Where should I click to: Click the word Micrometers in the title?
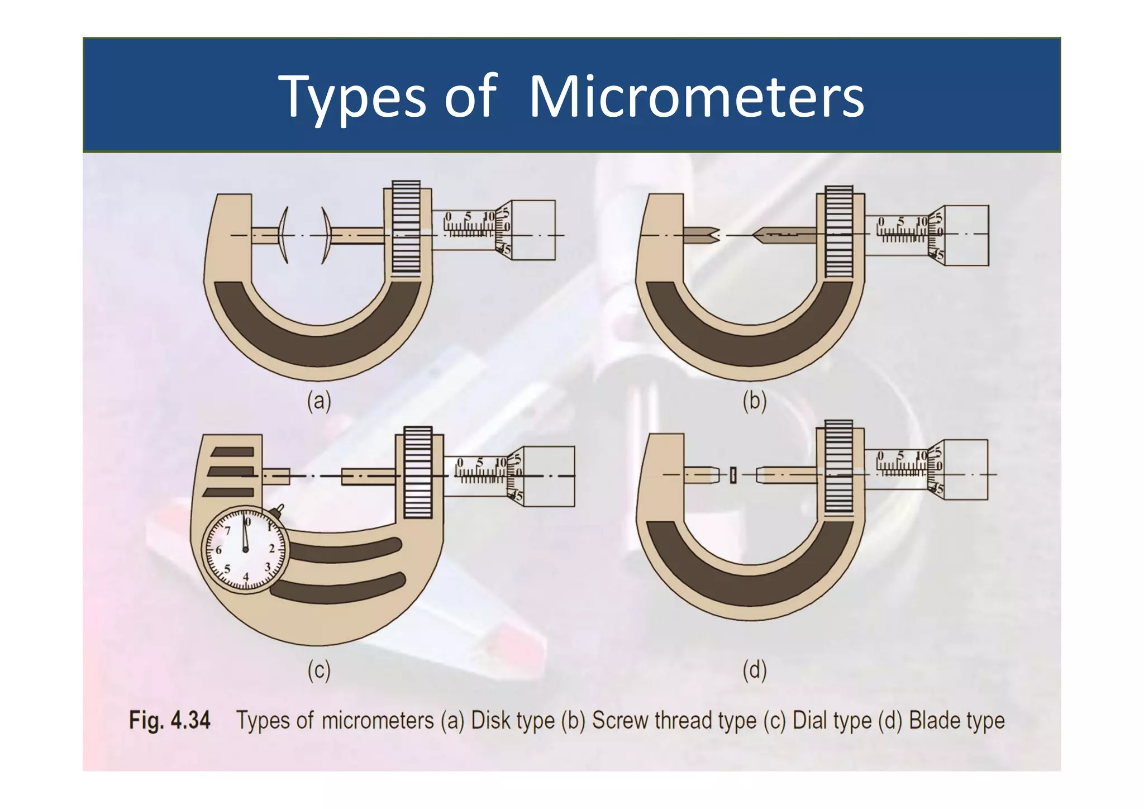[x=696, y=97]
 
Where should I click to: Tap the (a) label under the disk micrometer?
[x=319, y=401]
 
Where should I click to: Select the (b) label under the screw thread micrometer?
[x=754, y=401]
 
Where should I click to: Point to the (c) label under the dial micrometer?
[x=319, y=670]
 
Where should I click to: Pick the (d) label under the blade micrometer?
[x=754, y=670]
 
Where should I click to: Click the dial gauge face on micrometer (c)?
[x=246, y=550]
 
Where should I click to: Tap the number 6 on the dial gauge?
[x=218, y=550]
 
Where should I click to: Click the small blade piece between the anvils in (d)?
[x=733, y=475]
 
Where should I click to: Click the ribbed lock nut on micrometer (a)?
[x=406, y=226]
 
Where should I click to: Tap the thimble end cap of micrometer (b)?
[x=966, y=235]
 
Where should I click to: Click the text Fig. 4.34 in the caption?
[x=170, y=720]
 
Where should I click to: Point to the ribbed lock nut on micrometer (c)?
[x=418, y=472]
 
